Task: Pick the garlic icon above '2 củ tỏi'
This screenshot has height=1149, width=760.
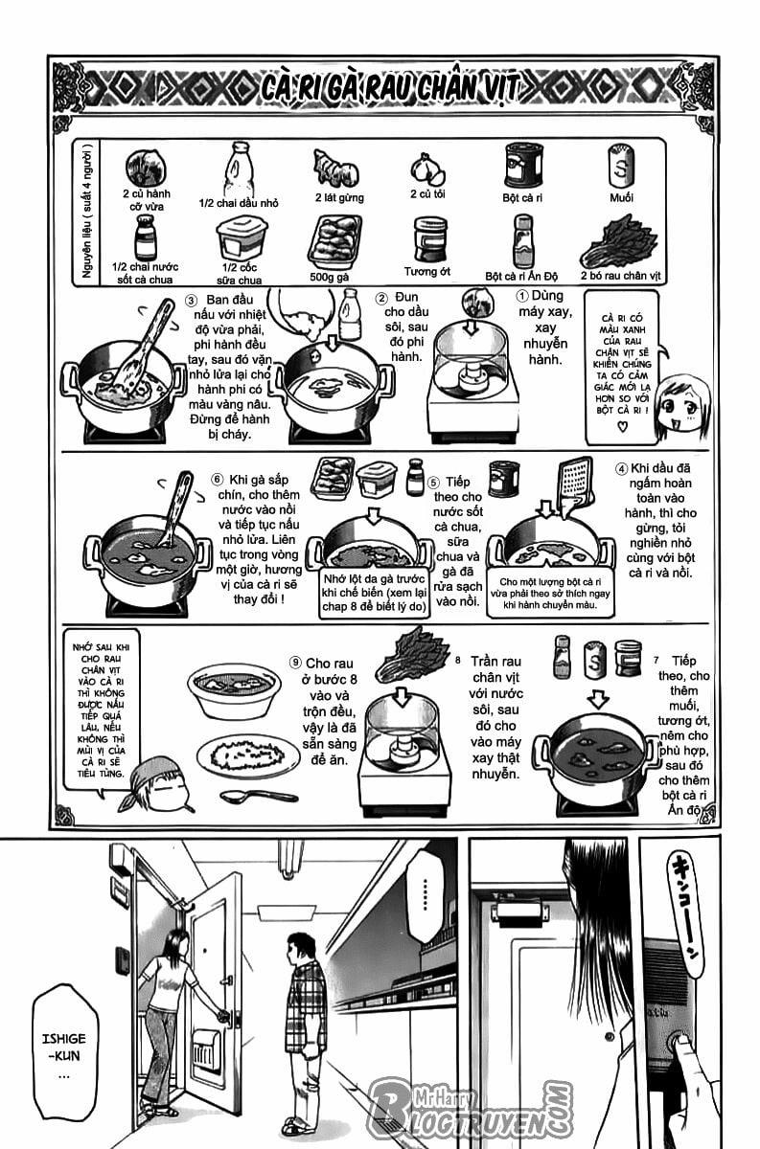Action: [x=426, y=169]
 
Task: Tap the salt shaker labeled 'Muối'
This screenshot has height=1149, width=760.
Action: [x=620, y=167]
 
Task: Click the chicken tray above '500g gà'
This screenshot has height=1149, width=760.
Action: [x=334, y=239]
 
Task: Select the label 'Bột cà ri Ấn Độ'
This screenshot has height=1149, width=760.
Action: [x=521, y=276]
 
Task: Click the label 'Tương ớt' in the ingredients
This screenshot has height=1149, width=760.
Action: [x=426, y=271]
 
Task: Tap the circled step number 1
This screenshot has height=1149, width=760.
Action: [x=522, y=296]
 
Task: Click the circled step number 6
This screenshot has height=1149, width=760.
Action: [x=217, y=479]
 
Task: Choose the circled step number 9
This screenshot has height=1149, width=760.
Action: [x=295, y=662]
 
